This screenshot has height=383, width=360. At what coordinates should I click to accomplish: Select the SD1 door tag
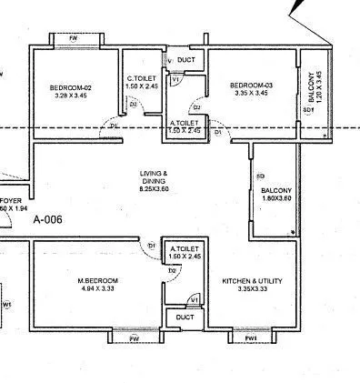308,110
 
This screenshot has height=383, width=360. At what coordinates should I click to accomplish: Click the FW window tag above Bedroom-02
74,39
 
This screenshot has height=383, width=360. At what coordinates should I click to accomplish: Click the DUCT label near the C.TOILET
185,61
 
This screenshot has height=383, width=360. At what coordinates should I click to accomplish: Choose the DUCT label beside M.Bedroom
185,317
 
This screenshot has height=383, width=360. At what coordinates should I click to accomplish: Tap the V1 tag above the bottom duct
194,299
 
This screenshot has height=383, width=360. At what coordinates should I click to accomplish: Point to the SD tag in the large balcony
260,175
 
